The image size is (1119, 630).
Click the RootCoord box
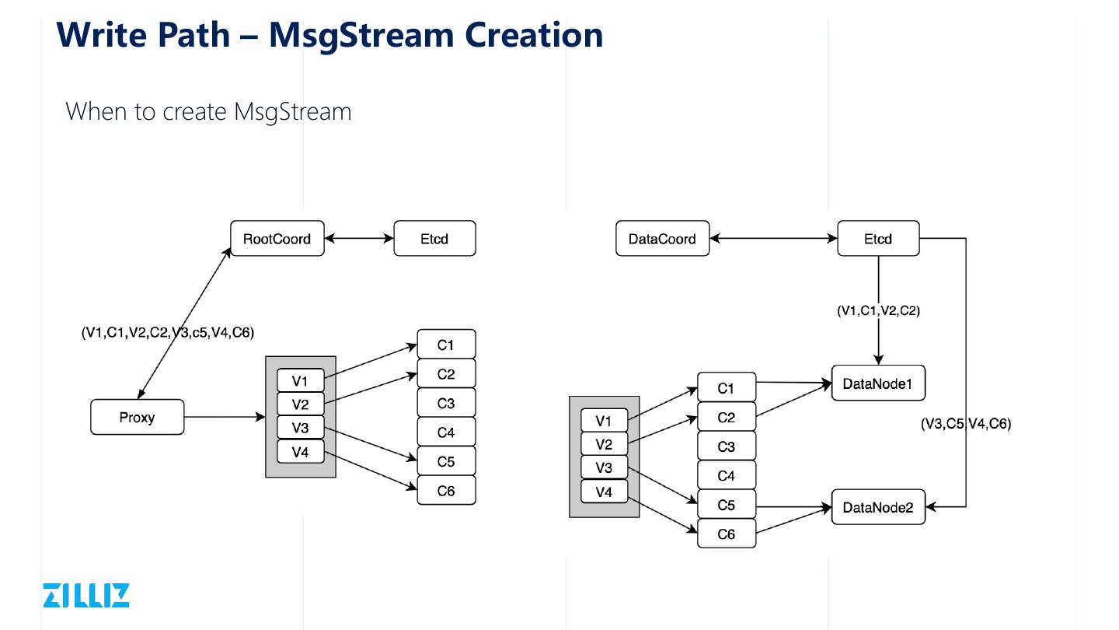pos(277,239)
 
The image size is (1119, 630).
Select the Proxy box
pos(137,417)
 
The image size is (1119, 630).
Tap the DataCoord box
pos(662,239)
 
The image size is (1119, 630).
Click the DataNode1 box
pos(878,383)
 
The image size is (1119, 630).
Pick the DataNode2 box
pos(878,508)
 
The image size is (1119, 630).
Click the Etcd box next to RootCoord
pos(434,239)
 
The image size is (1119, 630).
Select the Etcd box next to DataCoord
pos(878,239)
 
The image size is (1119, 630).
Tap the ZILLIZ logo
pos(86,595)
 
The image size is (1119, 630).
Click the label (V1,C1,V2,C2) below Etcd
pos(878,310)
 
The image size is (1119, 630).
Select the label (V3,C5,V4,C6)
pos(966,424)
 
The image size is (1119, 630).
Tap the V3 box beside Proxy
pos(300,428)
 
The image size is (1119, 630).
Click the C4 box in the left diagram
pos(446,432)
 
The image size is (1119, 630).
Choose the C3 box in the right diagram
pos(726,446)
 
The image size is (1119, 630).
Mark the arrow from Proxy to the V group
pos(225,418)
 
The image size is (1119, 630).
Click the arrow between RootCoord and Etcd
pos(359,239)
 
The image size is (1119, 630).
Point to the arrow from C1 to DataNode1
pos(793,382)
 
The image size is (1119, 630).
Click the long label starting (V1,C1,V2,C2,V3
pos(168,333)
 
